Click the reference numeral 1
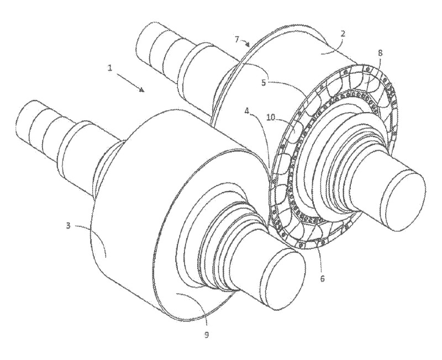click(x=110, y=68)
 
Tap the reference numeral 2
click(x=343, y=34)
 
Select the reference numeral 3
click(x=68, y=226)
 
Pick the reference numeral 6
click(x=323, y=278)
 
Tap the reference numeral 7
click(x=238, y=40)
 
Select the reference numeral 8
click(x=380, y=53)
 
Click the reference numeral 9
click(x=207, y=335)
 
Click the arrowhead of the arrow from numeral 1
click(x=143, y=89)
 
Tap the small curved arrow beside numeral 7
click(x=245, y=43)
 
